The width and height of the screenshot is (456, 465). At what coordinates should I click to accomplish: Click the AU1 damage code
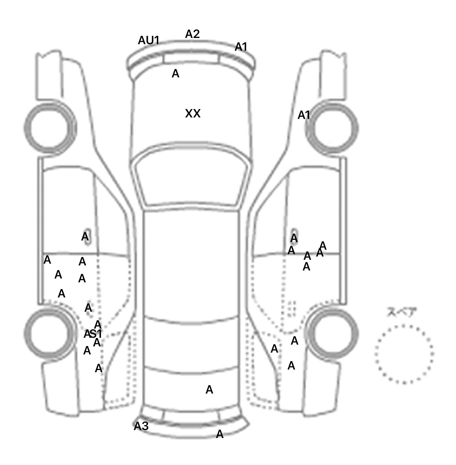click(149, 40)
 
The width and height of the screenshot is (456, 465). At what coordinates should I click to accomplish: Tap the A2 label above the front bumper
click(192, 34)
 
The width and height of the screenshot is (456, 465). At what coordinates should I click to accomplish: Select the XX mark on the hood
click(193, 114)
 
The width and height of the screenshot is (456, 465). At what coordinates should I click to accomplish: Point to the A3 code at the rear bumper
click(141, 426)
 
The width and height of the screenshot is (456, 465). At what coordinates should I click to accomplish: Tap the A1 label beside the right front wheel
click(304, 115)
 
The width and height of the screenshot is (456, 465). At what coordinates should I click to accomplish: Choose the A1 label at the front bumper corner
click(241, 47)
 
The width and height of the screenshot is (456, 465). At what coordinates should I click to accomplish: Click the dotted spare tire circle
click(404, 354)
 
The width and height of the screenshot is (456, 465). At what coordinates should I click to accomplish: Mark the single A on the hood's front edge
click(175, 74)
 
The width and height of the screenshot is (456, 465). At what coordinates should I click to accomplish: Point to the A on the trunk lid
click(209, 390)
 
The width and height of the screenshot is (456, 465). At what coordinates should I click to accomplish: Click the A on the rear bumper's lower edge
click(219, 434)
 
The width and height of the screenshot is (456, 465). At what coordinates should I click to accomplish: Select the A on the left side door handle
click(85, 237)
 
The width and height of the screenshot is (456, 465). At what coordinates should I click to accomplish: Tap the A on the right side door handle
click(294, 238)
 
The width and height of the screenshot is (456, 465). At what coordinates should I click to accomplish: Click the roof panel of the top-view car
click(192, 264)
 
